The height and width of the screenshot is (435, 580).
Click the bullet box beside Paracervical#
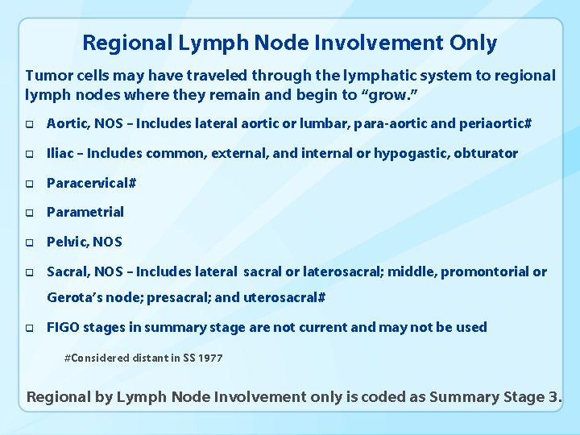pyautogui.click(x=29, y=184)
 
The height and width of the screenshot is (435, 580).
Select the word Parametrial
pyautogui.click(x=85, y=212)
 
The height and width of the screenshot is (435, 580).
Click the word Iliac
pyautogui.click(x=61, y=153)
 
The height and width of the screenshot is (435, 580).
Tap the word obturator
pyautogui.click(x=487, y=153)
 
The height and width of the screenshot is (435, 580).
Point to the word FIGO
pyautogui.click(x=63, y=327)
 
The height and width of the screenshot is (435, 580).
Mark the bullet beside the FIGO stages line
pyautogui.click(x=29, y=329)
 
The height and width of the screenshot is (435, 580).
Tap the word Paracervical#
pyautogui.click(x=91, y=183)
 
